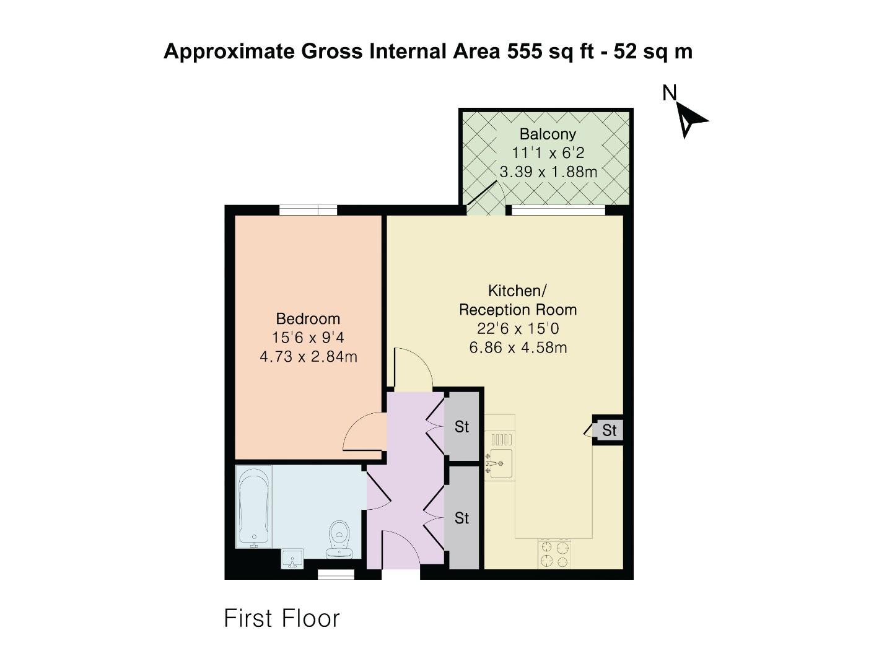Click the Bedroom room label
pyautogui.click(x=308, y=319)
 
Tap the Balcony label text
pyautogui.click(x=548, y=134)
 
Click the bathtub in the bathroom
pyautogui.click(x=253, y=507)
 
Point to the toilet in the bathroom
pyautogui.click(x=339, y=538)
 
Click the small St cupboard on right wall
pyautogui.click(x=609, y=430)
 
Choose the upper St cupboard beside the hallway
pyautogui.click(x=462, y=426)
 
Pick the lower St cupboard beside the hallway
pyautogui.click(x=462, y=517)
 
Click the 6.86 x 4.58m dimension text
pyautogui.click(x=518, y=348)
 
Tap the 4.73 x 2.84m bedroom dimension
pyautogui.click(x=308, y=357)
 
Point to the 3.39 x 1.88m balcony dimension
pyautogui.click(x=548, y=172)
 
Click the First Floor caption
pyautogui.click(x=282, y=618)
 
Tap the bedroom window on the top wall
pyautogui.click(x=308, y=211)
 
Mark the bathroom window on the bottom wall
pyautogui.click(x=336, y=575)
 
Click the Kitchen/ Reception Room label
pyautogui.click(x=518, y=300)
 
